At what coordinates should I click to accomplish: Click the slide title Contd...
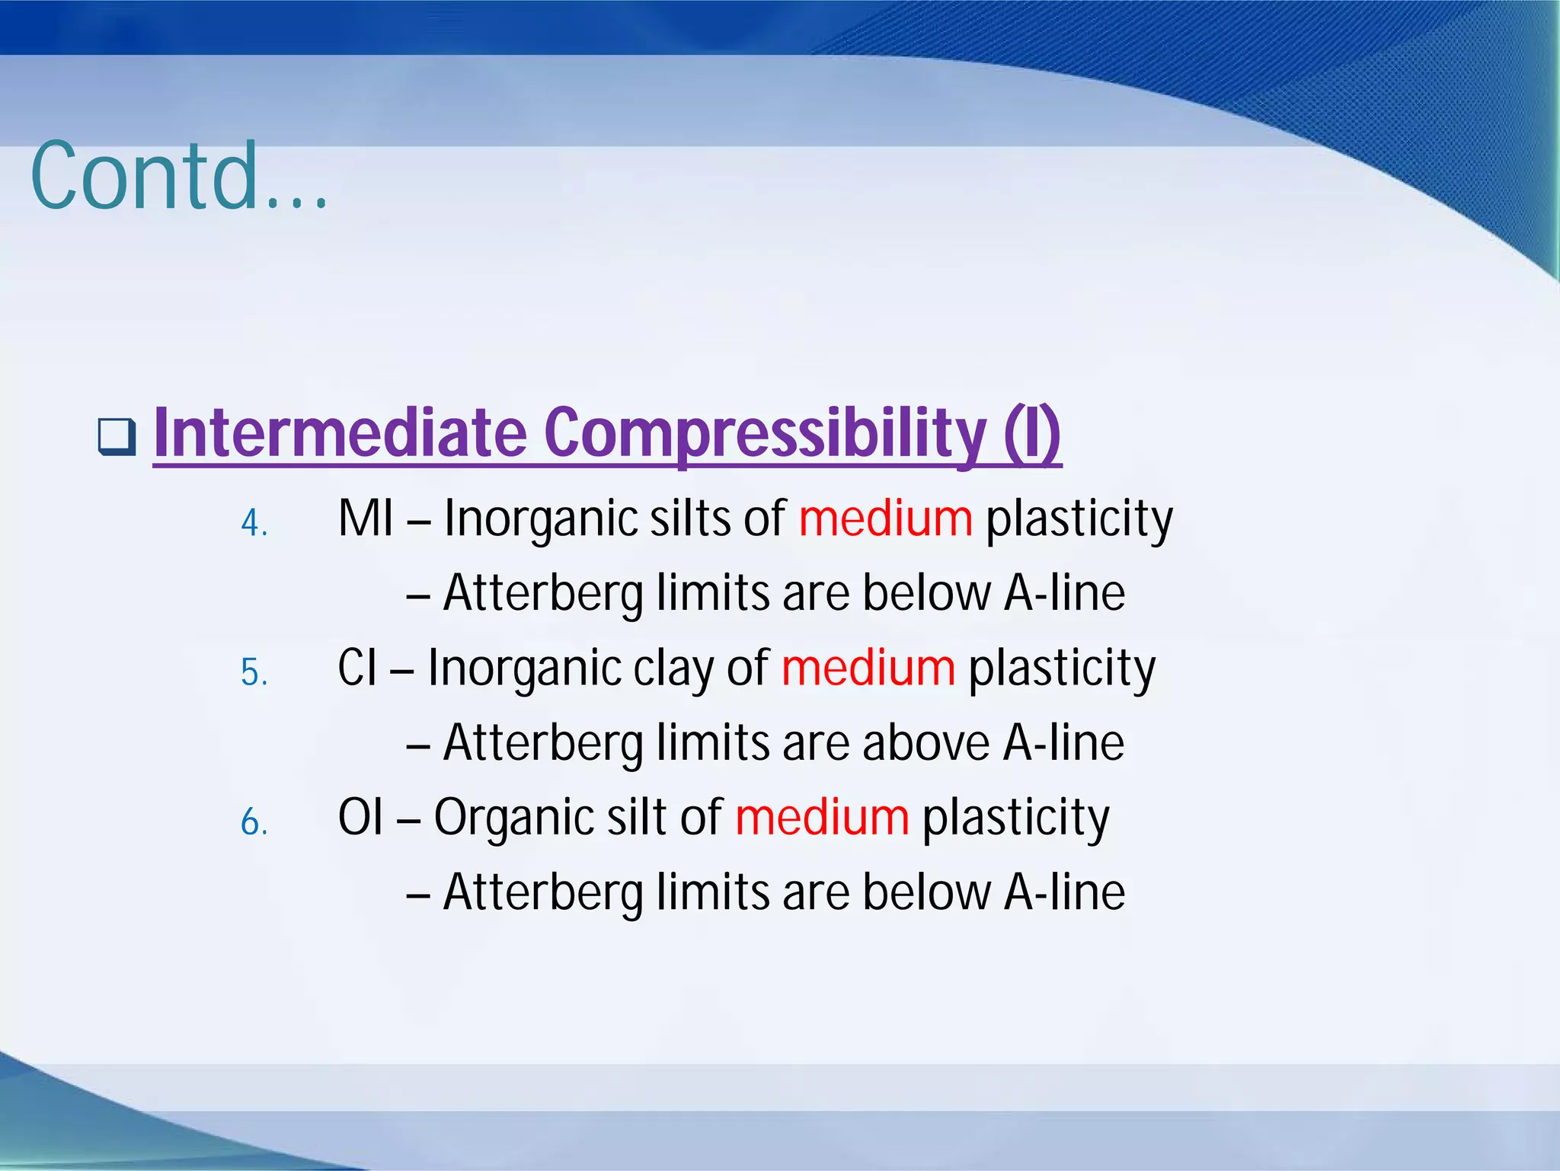click(x=180, y=177)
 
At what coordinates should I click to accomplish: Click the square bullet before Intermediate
click(x=117, y=436)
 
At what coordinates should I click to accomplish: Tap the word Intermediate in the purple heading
click(x=340, y=434)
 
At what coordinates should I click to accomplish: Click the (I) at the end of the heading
click(x=1032, y=434)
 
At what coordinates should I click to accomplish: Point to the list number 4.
click(x=254, y=524)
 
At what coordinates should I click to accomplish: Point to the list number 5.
click(x=254, y=673)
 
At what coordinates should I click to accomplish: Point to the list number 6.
click(x=254, y=823)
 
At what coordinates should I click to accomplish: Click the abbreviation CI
click(x=357, y=668)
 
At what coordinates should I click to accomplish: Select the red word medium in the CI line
click(x=868, y=668)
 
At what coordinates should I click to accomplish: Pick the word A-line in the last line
click(x=1064, y=892)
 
